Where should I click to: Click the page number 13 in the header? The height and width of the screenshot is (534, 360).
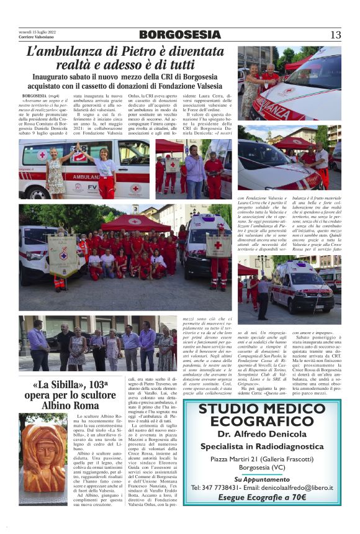[x=335, y=35]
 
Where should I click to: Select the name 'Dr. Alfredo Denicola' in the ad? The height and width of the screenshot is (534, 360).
[x=262, y=435]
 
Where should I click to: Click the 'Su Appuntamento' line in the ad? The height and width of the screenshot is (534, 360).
[x=262, y=479]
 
